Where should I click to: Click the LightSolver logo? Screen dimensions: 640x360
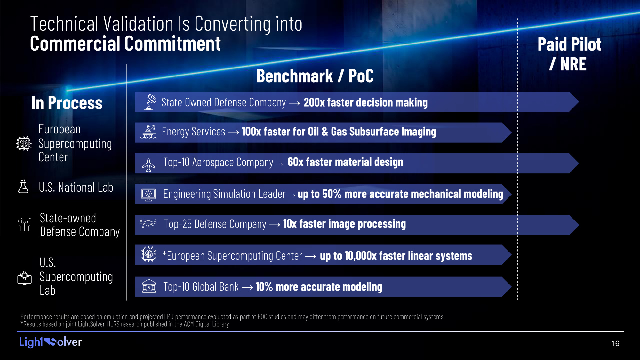(51, 342)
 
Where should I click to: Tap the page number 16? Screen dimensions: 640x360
(615, 343)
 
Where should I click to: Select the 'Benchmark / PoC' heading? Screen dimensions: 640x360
(315, 76)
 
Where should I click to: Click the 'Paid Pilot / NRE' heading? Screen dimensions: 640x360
(569, 54)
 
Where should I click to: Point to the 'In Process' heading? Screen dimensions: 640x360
(67, 103)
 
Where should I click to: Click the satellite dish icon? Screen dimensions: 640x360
(150, 102)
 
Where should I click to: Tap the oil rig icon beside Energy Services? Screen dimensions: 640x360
(148, 132)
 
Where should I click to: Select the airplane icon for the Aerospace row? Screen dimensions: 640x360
(148, 165)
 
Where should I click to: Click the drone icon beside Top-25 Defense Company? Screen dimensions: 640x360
(148, 223)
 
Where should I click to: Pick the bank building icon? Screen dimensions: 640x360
(149, 286)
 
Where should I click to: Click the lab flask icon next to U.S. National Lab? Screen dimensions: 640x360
(23, 186)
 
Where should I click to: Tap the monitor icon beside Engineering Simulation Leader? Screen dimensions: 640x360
(148, 195)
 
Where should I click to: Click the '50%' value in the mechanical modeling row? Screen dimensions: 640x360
(332, 194)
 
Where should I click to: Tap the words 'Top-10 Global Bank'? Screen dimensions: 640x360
(201, 287)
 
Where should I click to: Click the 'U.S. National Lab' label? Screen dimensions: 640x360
(76, 188)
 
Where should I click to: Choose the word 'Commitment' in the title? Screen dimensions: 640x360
(172, 44)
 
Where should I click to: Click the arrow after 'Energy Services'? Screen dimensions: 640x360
(234, 132)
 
